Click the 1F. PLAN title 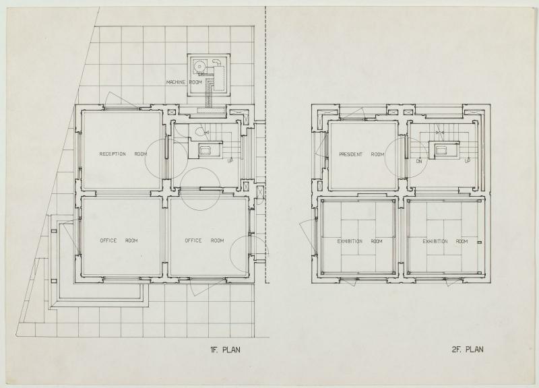(225, 350)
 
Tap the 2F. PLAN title (468, 350)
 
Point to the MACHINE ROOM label (184, 82)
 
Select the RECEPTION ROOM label (123, 154)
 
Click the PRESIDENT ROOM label (362, 155)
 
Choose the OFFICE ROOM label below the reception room (119, 240)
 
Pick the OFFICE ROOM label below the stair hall (204, 240)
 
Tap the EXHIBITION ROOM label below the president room (360, 241)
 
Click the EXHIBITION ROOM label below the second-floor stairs (445, 242)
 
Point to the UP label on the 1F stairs (230, 160)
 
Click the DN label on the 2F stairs (418, 161)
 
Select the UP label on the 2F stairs (468, 161)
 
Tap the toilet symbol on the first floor (199, 131)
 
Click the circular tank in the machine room (198, 65)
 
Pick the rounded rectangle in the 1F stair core (206, 150)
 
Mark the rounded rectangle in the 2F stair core (441, 150)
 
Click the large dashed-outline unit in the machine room (218, 78)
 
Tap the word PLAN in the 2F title (474, 350)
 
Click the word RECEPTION (113, 154)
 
